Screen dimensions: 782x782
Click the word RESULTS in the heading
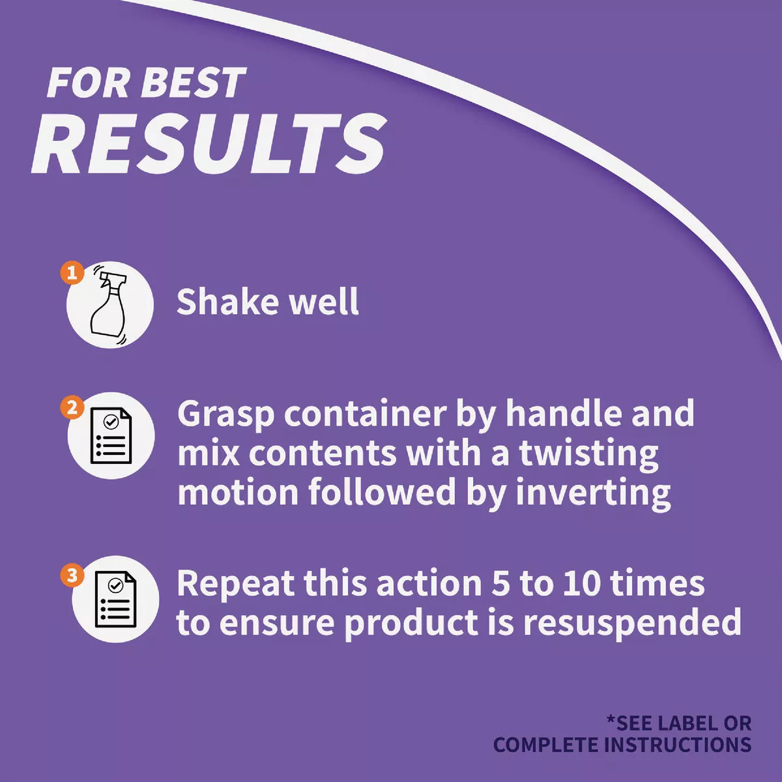209,143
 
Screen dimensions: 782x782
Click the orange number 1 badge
72,272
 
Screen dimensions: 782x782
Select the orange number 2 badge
72,407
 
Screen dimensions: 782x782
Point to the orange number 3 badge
72,575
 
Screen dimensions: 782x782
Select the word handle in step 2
562,413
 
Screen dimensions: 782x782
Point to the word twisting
589,454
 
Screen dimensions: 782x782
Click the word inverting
593,493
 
